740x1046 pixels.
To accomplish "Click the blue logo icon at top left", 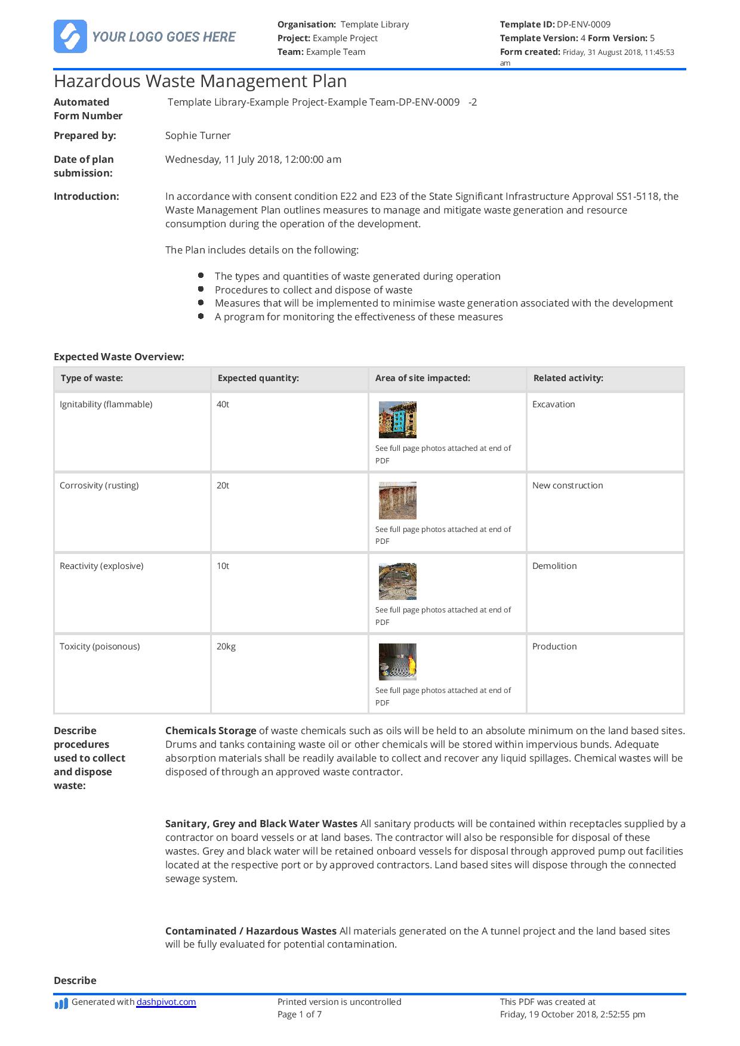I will [70, 36].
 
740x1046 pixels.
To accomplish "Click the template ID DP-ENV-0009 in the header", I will [583, 24].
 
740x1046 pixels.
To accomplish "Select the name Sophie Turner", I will [198, 135].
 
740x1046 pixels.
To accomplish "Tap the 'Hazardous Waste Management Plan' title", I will [200, 81].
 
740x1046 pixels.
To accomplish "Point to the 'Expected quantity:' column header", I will [258, 378].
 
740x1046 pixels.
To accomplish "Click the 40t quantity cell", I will [223, 404].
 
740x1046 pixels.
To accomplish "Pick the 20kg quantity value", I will [226, 646].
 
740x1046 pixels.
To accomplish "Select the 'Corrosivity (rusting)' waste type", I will [99, 485].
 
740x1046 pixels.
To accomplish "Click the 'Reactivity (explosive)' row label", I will [101, 566].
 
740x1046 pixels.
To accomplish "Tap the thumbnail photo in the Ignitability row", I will [397, 420].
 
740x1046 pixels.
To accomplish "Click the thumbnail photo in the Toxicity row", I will [397, 662].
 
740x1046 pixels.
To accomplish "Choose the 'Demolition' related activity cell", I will [554, 566].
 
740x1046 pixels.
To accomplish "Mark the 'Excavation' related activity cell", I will [553, 404].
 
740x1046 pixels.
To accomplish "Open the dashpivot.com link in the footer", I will [166, 1002].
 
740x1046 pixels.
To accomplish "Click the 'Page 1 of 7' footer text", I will [299, 1014].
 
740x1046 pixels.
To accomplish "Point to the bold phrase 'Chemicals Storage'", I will [211, 731].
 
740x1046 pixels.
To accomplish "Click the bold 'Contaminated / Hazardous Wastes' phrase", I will [251, 931].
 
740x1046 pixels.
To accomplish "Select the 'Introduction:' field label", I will [86, 196].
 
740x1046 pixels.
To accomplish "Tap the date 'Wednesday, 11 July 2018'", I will [224, 159].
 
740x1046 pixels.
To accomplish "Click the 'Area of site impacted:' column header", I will [422, 378].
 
